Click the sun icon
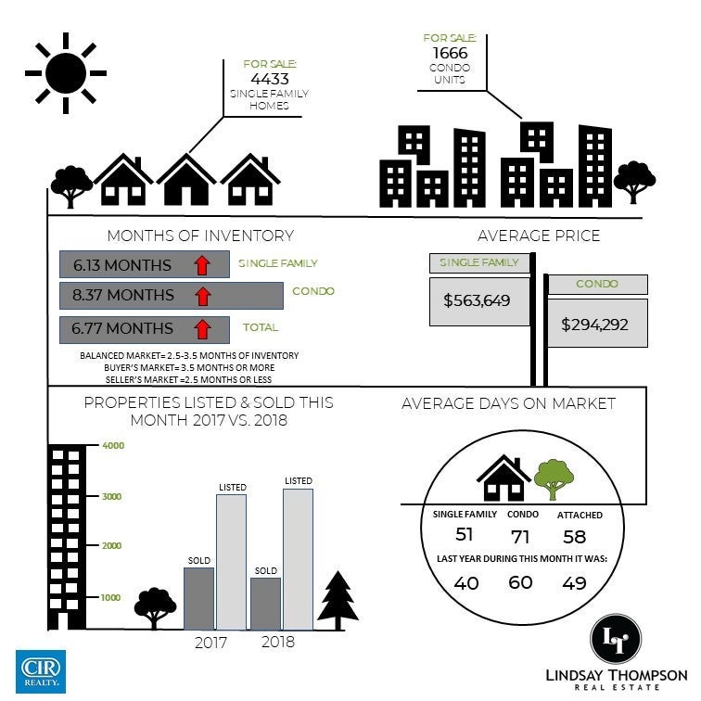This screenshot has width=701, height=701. click(x=66, y=73)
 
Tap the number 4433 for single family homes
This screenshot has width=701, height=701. click(x=270, y=79)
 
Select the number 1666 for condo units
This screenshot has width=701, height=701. click(x=450, y=53)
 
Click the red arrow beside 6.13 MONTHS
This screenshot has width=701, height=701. click(x=202, y=264)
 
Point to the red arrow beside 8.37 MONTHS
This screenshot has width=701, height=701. click(x=203, y=296)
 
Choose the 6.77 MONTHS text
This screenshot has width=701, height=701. click(x=122, y=328)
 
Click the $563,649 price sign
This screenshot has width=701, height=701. click(x=479, y=301)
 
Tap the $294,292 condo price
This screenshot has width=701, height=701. click(x=594, y=325)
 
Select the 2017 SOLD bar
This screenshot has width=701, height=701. click(x=199, y=599)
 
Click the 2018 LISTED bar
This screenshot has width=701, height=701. click(x=299, y=559)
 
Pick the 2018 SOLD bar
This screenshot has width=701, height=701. click(x=265, y=604)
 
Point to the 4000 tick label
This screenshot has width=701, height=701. click(x=113, y=445)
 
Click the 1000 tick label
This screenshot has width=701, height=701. click(x=110, y=597)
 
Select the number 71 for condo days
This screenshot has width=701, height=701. click(x=520, y=537)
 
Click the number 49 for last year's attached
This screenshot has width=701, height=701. click(x=574, y=583)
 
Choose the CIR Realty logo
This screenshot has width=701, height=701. click(x=41, y=671)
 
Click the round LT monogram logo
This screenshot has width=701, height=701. click(x=616, y=639)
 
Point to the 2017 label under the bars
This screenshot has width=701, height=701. click(x=210, y=643)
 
